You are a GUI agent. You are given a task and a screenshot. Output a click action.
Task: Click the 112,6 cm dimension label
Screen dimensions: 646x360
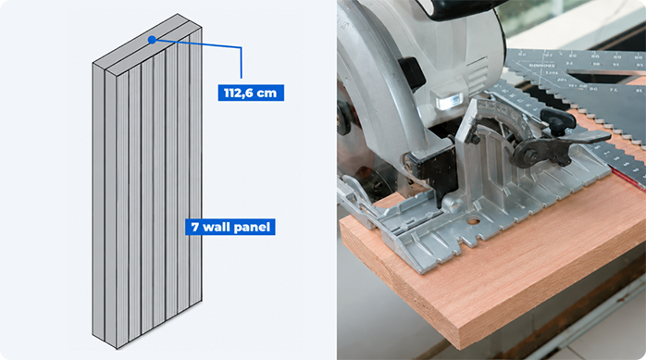coord(251,93)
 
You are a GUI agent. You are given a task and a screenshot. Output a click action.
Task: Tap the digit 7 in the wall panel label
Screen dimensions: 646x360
coord(195,227)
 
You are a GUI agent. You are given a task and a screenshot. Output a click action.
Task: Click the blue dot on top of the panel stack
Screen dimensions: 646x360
coord(152,40)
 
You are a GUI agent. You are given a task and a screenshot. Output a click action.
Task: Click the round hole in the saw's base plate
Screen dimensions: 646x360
coord(473,221)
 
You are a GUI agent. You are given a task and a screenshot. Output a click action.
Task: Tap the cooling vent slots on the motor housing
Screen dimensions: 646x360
coord(478,69)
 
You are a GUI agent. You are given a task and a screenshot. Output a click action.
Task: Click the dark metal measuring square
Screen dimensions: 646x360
coord(577,94)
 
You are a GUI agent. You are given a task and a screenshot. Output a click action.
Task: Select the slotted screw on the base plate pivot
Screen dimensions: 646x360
coord(455,203)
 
